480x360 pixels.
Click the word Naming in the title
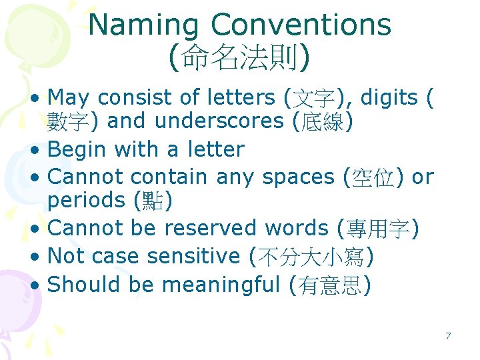144,25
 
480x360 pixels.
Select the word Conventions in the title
301,25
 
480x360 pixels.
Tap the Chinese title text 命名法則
239,59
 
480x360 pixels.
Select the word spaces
299,177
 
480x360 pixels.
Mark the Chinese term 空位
375,177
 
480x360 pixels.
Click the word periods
85,200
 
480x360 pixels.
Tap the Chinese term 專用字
379,229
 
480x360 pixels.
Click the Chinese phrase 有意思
331,285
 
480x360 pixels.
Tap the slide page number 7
448,336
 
